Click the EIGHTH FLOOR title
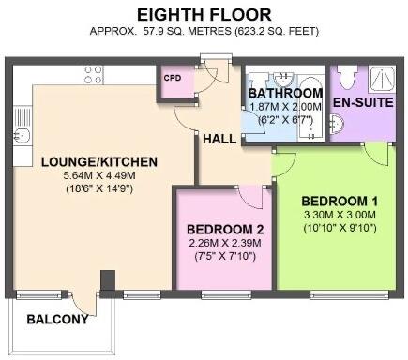coord(204,14)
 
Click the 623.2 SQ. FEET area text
coord(280,31)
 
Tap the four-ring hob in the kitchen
coord(93,72)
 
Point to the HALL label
coord(219,139)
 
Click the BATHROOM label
coord(286,94)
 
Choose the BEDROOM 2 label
coord(225,230)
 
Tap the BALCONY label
coord(57,320)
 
